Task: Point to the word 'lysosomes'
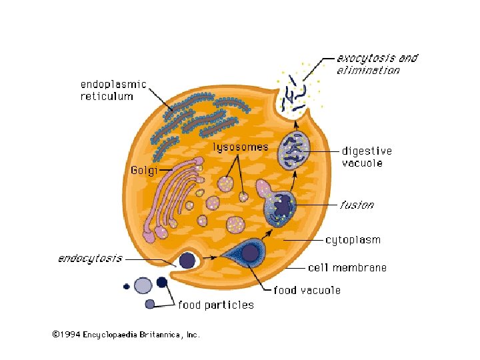[x=241, y=147]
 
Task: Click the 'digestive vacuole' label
[x=367, y=157]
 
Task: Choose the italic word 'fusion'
[x=357, y=205]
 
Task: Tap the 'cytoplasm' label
[x=353, y=239]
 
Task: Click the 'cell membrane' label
[x=347, y=267]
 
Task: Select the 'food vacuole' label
[x=307, y=290]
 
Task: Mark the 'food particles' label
[x=215, y=305]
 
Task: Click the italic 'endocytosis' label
[x=88, y=258]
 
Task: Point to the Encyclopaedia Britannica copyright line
[x=126, y=335]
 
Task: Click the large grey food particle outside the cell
[x=143, y=285]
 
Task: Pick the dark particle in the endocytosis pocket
[x=187, y=261]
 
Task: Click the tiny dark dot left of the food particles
[x=126, y=287]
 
